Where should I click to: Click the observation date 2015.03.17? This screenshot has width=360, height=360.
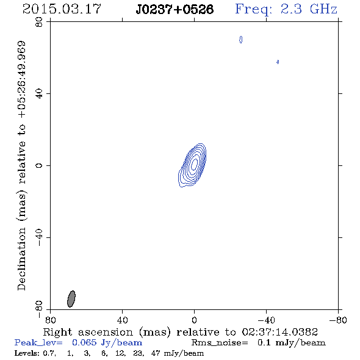tap(62, 9)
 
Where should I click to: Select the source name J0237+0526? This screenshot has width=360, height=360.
tap(175, 10)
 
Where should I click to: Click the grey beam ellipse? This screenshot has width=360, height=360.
tap(71, 299)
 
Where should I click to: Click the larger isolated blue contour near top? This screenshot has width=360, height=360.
tap(240, 40)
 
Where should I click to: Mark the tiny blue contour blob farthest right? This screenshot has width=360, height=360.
tap(278, 62)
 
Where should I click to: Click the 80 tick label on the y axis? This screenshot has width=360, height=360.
tap(39, 22)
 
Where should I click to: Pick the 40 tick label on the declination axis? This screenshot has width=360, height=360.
tap(39, 94)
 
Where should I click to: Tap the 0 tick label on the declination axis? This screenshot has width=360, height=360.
tap(39, 165)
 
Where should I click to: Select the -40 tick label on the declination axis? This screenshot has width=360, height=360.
tap(39, 237)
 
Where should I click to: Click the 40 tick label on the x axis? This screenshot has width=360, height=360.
tap(122, 320)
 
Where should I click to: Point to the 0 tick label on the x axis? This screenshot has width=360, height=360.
tap(194, 320)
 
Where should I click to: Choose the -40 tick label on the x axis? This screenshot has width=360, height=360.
tap(266, 320)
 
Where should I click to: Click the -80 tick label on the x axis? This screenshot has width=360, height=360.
tap(338, 320)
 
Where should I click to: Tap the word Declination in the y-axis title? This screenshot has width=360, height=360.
tap(21, 259)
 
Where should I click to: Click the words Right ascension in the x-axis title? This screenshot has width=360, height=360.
tap(88, 332)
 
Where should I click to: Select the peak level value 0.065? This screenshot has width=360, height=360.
tap(84, 342)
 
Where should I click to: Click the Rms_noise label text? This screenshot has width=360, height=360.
tap(220, 343)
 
